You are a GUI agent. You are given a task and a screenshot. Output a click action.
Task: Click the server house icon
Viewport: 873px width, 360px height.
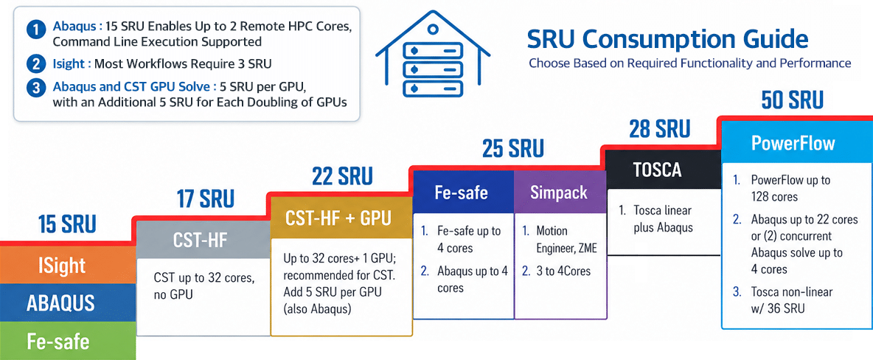point(433,56)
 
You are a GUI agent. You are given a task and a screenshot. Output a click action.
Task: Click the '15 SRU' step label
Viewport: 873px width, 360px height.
point(67,224)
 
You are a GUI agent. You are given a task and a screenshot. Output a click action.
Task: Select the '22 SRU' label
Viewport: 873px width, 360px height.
point(342,176)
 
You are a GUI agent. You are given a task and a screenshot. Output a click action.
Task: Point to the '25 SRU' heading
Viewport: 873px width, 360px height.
point(512,149)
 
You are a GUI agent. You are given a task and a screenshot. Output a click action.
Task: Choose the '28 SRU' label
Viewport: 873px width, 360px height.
point(660,129)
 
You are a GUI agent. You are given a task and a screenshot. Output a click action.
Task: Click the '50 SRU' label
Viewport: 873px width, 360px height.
point(793,100)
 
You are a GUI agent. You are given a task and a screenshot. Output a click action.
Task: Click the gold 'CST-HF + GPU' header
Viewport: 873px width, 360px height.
point(341,218)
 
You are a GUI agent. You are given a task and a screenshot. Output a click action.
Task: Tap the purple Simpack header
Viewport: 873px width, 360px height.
point(560,193)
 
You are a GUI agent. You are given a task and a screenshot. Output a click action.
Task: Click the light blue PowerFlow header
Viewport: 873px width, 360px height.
point(797,142)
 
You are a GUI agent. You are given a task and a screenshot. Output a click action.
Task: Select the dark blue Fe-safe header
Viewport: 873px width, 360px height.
point(463,193)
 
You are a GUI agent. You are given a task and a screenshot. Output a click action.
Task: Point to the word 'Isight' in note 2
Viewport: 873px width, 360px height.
point(69,63)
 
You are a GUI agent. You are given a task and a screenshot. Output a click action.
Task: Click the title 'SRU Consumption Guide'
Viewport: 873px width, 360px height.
point(667,39)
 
